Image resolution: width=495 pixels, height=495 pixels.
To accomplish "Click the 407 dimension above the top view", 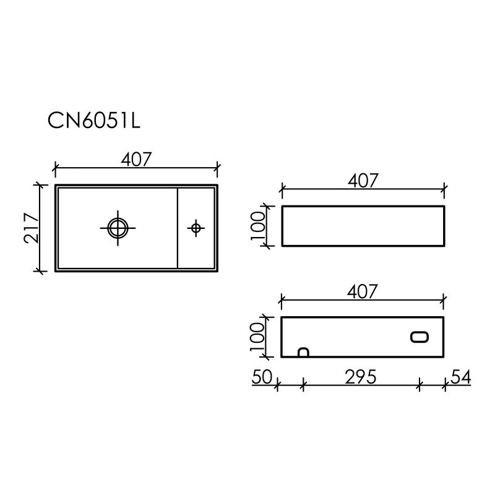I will click(x=136, y=159).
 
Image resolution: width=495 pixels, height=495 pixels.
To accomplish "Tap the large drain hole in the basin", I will click(x=116, y=228).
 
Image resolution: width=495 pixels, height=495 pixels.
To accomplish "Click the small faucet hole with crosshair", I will click(x=196, y=228).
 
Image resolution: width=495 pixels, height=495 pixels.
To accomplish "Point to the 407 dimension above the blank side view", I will click(x=363, y=181).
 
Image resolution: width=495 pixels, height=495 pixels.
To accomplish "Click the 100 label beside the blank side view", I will click(x=259, y=225).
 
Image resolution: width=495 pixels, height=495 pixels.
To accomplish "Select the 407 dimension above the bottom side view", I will click(x=363, y=291).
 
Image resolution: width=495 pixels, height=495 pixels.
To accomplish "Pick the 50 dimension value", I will click(x=262, y=377).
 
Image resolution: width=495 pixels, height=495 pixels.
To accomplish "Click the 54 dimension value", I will click(x=462, y=377).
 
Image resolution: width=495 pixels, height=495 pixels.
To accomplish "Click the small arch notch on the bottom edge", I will click(x=303, y=353).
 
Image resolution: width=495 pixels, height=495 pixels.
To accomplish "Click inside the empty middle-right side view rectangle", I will click(x=363, y=225).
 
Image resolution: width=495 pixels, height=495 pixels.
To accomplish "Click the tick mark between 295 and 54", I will click(x=419, y=385).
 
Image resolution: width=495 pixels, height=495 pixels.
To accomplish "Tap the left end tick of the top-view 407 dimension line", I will click(x=56, y=167).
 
